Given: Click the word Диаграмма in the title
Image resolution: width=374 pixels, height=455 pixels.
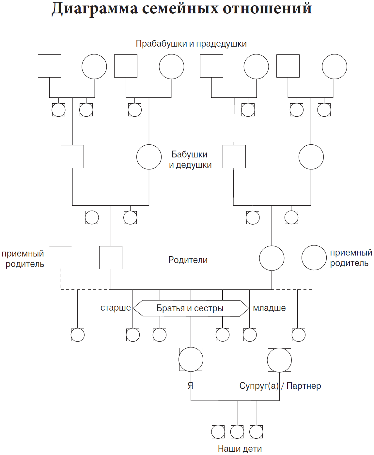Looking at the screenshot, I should pos(95,8).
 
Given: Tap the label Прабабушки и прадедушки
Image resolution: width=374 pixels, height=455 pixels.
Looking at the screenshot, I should pos(191,44).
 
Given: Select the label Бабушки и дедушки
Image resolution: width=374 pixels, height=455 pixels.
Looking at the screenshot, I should pos(190,159).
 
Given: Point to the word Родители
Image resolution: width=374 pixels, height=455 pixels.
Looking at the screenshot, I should pos(188,260).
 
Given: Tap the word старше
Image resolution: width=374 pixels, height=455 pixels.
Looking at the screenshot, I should pos(116,308).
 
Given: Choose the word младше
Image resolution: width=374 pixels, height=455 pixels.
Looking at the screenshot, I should pos(269,308).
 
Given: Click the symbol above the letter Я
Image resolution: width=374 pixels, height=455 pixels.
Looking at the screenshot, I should pos(191,360).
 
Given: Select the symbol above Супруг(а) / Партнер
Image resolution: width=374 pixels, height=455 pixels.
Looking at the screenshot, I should pos(279,360).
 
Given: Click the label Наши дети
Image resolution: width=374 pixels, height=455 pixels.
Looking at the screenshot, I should pos(240,449).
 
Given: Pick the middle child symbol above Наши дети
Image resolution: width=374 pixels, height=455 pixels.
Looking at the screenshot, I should pos(237,432).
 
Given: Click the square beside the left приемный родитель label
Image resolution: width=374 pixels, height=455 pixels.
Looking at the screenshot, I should pos(60,257).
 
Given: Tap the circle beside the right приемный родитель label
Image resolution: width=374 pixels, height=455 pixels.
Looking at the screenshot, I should pos(314,258).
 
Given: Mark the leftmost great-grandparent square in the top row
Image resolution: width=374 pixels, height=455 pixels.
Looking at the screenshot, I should pos(49,66).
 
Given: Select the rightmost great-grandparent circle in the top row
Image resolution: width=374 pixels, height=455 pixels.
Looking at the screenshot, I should pos(334,66).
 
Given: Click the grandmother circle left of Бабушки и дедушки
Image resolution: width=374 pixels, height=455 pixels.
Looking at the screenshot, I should pos(149,157).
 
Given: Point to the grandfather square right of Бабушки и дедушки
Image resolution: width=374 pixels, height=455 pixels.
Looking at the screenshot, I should pos(234,156).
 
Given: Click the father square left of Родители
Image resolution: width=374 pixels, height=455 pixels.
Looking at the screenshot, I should pos(111,257).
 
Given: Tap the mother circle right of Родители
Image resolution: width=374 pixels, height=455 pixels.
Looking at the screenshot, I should pos(272,258).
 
